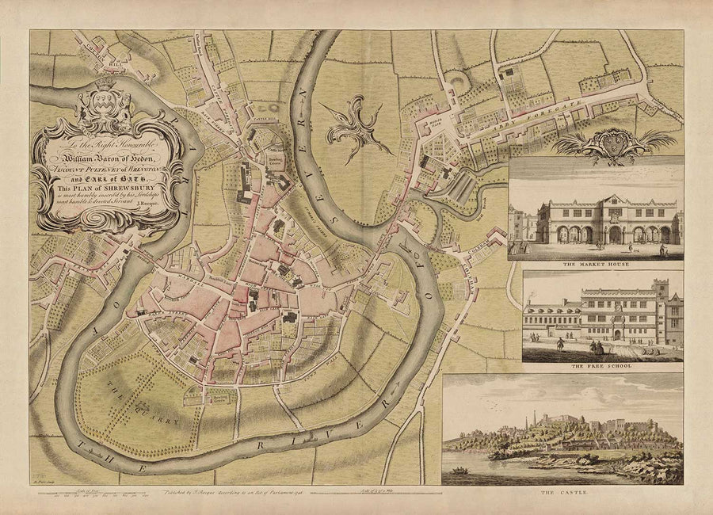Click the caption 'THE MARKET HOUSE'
[x=595, y=264]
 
